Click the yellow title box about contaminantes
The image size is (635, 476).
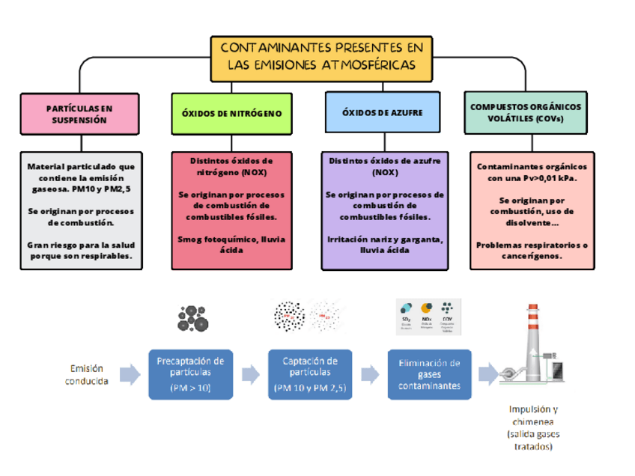(x=320, y=58)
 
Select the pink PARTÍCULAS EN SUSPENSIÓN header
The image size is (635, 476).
(x=79, y=113)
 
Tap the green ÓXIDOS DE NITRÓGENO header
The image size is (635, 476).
(x=232, y=113)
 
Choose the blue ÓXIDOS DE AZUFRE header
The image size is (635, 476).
(x=383, y=113)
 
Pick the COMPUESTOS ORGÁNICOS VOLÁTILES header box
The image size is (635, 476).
(x=525, y=113)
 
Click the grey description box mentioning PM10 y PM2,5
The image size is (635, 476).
(x=80, y=211)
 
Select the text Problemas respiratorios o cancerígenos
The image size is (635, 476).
(x=532, y=250)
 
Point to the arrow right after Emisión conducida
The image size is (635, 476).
(x=130, y=373)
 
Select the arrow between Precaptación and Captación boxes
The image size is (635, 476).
(x=249, y=373)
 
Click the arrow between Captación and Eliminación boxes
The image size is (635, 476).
(x=369, y=373)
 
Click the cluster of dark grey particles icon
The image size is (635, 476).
(x=192, y=318)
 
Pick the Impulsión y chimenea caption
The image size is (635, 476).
(x=533, y=427)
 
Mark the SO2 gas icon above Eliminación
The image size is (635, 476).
(x=406, y=312)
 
